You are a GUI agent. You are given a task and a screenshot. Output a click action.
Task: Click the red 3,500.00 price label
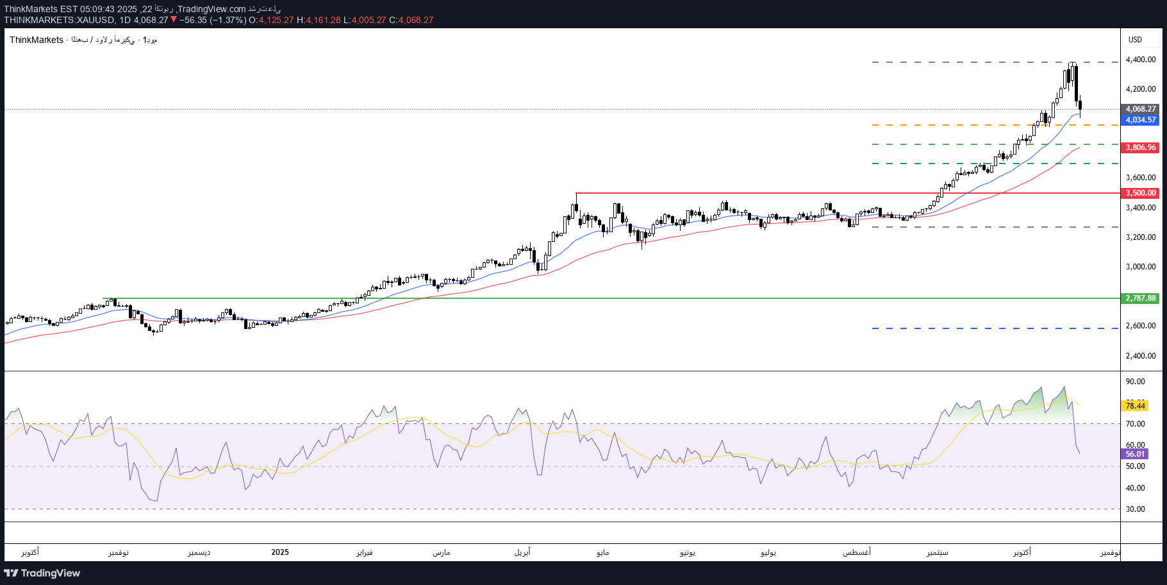click(x=1141, y=193)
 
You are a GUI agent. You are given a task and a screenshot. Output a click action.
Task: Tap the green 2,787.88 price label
click(x=1141, y=298)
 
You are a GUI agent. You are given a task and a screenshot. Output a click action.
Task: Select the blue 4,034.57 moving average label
click(x=1141, y=120)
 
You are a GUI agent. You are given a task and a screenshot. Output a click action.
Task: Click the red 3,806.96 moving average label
click(x=1141, y=148)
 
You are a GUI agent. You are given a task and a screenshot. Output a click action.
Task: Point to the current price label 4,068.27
click(x=1141, y=109)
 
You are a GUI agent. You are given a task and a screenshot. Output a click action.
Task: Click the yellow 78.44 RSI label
click(x=1135, y=406)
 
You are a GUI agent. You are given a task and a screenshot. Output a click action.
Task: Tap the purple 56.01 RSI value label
click(x=1135, y=454)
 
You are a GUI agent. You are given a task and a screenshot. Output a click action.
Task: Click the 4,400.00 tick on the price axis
click(x=1141, y=60)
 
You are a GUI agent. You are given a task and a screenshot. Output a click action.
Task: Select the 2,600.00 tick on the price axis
click(x=1141, y=326)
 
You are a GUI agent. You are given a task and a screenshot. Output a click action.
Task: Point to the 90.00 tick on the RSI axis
click(x=1135, y=382)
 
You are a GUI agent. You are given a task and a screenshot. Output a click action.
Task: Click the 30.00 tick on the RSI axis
click(x=1135, y=509)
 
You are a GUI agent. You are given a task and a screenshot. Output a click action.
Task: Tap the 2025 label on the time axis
click(x=280, y=552)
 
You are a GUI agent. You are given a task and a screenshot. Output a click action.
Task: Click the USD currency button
click(x=1136, y=40)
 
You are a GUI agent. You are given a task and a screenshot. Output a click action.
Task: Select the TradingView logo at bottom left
click(x=42, y=573)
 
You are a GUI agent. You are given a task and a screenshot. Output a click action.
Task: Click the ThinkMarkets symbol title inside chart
click(x=37, y=40)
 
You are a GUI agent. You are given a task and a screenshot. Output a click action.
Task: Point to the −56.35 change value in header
click(x=193, y=20)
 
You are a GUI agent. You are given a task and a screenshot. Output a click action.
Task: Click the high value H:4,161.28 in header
click(x=319, y=20)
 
